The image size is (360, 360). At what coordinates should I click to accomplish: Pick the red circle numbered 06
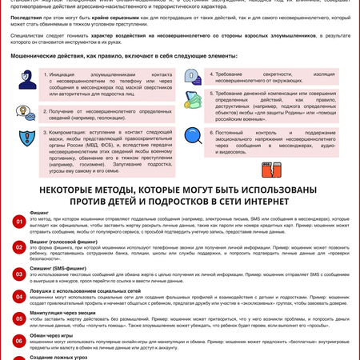point(18,342)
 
